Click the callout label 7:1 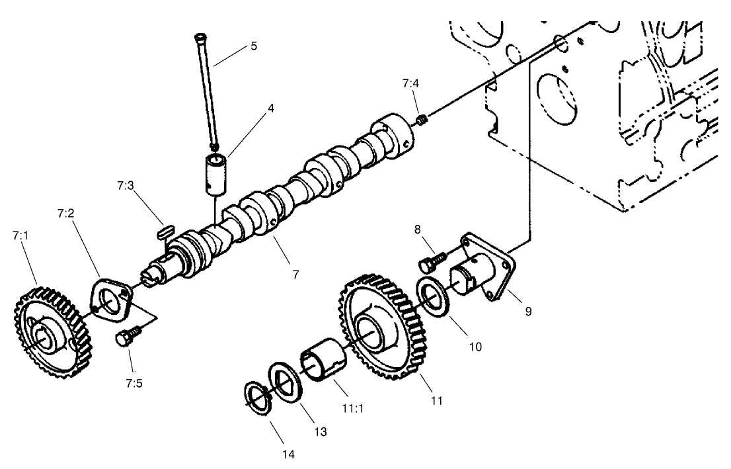[x=19, y=235]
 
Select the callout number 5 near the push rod [x=253, y=46]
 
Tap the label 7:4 [x=410, y=83]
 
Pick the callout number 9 [x=528, y=311]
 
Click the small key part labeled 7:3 [x=165, y=231]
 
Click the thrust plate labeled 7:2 [x=110, y=301]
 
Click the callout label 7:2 [x=65, y=214]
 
